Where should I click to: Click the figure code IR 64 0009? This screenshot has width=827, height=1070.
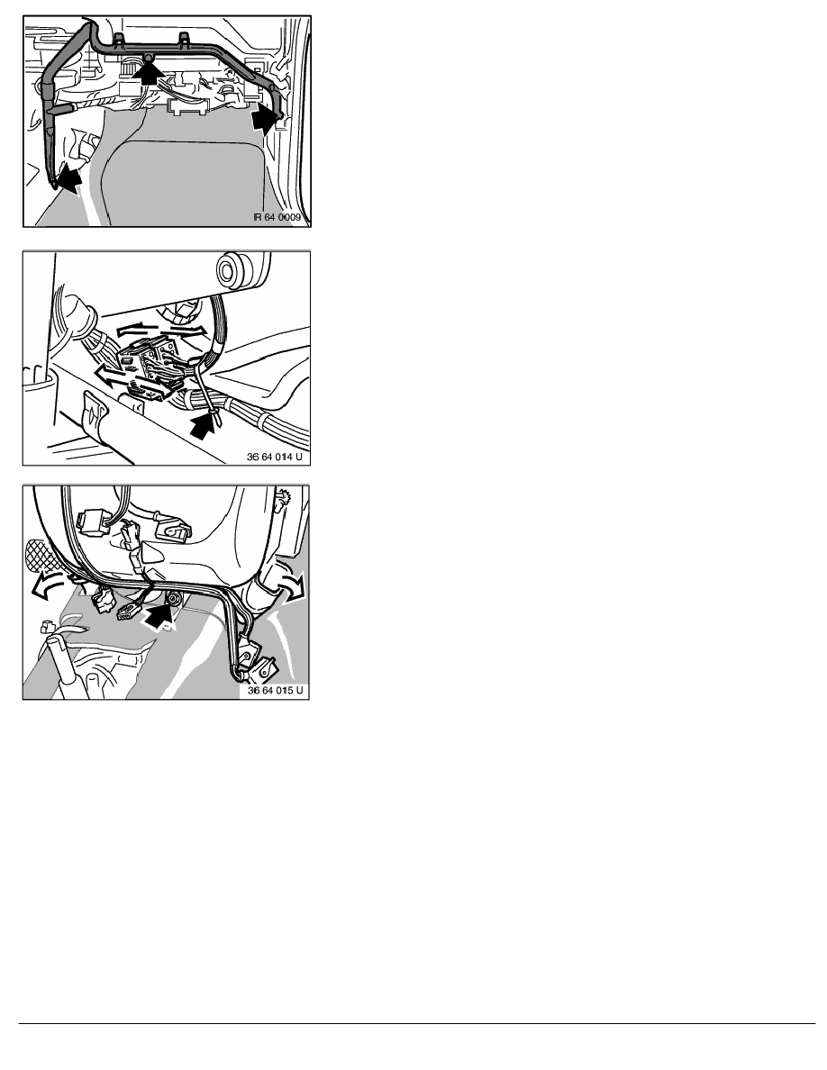[x=277, y=217]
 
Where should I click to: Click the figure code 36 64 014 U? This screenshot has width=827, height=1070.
[x=274, y=457]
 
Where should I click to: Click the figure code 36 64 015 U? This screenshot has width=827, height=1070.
[x=275, y=691]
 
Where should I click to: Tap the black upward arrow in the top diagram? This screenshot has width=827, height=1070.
[x=148, y=70]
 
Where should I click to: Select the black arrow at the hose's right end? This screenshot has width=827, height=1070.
[x=265, y=121]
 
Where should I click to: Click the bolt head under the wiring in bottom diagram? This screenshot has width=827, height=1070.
[x=175, y=598]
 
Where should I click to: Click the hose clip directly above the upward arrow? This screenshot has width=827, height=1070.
[x=148, y=55]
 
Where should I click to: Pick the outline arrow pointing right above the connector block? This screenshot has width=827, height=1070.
[x=188, y=328]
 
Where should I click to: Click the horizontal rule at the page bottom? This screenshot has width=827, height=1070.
[x=417, y=1023]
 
